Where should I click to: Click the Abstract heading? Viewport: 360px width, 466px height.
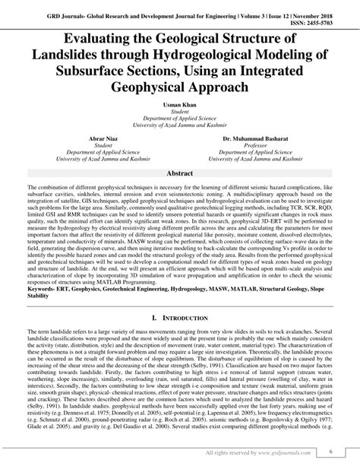[x=180, y=173]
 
